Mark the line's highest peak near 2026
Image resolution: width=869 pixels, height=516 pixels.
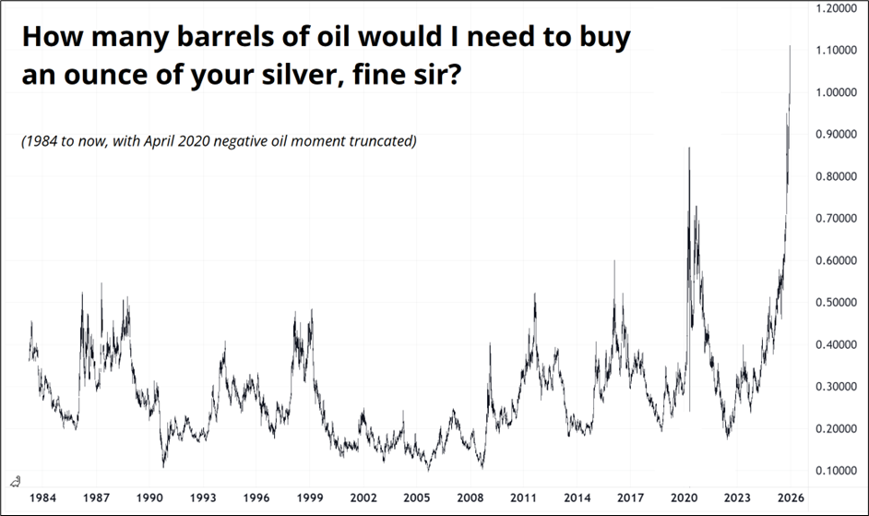791,44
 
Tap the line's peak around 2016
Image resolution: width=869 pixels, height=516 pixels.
614,261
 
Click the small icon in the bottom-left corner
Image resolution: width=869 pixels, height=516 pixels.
16,480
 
